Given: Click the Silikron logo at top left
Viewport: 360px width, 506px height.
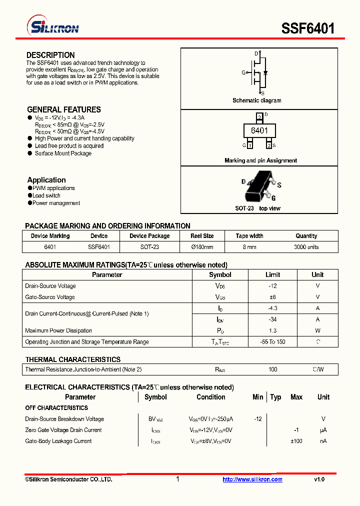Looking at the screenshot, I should point(52,27).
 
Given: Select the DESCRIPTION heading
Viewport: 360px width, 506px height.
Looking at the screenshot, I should point(50,55).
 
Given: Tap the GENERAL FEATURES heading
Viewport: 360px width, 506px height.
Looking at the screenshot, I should point(63,109).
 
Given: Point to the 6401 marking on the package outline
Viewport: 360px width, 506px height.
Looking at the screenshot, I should point(259,130).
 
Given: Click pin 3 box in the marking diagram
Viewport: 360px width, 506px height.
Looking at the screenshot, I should point(259,117).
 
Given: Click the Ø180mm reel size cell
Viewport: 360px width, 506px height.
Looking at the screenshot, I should point(202,247).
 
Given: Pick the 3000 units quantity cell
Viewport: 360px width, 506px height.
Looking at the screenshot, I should point(306,247).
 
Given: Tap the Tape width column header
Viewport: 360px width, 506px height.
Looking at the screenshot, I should point(249,236).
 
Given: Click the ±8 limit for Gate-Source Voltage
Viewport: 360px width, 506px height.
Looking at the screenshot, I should point(272,297).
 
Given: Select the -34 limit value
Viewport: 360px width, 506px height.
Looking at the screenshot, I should point(272,319).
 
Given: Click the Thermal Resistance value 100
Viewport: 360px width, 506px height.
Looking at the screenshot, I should point(272,369).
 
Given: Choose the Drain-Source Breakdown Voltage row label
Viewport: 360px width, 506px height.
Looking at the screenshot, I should point(64,419).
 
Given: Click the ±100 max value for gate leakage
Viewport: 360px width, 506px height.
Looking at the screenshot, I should point(296,441).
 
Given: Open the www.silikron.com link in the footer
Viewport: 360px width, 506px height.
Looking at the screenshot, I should point(252,479).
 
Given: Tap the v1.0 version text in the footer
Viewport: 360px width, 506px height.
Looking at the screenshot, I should point(319,479).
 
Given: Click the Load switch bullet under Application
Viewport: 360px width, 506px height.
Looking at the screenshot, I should point(46,195).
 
